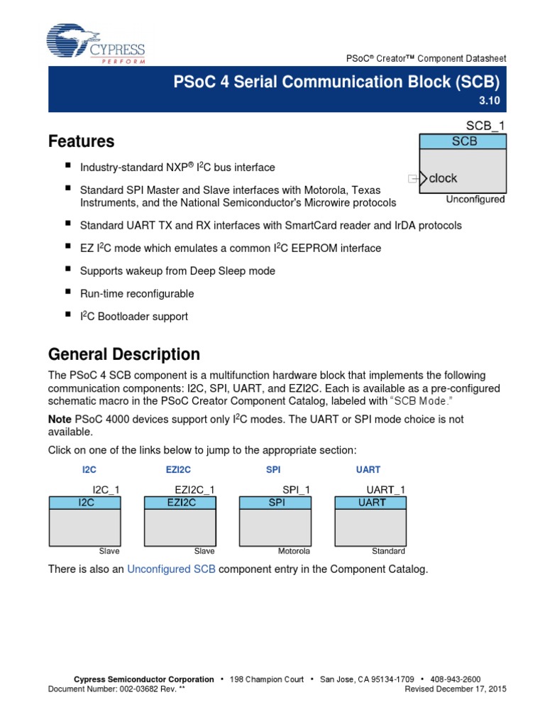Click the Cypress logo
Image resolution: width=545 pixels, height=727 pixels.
(x=96, y=44)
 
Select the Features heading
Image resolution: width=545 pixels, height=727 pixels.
(x=81, y=141)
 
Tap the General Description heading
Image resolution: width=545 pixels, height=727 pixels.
(x=123, y=354)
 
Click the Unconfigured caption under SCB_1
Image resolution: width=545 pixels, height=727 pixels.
(x=475, y=199)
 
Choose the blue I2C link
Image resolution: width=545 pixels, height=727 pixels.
(x=89, y=470)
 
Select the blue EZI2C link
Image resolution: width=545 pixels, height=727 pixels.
(x=178, y=470)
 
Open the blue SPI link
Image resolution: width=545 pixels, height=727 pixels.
(x=273, y=470)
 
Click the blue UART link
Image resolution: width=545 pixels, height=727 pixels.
(x=368, y=470)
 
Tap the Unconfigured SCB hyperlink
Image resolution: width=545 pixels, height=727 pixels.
(x=171, y=569)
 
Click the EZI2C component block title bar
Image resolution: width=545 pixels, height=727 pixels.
(x=180, y=503)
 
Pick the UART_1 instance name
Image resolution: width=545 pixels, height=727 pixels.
(x=385, y=490)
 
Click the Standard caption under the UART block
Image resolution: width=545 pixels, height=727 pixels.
(x=388, y=551)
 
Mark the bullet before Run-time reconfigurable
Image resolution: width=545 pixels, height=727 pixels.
(x=68, y=293)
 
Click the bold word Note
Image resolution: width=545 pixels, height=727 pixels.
(x=60, y=419)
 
